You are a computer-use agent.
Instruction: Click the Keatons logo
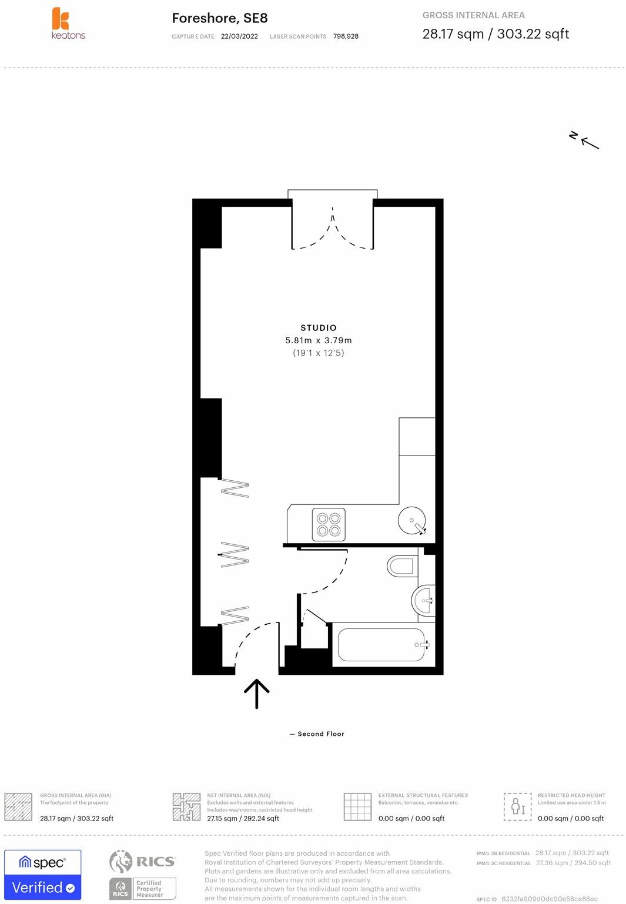68,24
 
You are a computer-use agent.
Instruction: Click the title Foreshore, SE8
220,18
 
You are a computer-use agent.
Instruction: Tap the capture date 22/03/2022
239,36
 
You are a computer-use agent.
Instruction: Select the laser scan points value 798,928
346,36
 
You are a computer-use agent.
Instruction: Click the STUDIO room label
319,328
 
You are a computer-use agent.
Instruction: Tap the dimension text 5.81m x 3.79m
319,340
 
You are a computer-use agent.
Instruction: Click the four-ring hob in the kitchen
329,524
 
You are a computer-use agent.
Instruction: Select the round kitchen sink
411,520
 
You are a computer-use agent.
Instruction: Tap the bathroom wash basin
423,601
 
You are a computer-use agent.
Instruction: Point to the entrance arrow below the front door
257,694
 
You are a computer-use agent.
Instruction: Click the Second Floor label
321,734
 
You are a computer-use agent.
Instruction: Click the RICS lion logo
120,861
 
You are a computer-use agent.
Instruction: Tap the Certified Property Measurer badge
142,888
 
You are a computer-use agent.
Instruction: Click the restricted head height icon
517,806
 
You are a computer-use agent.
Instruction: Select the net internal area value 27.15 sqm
222,818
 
